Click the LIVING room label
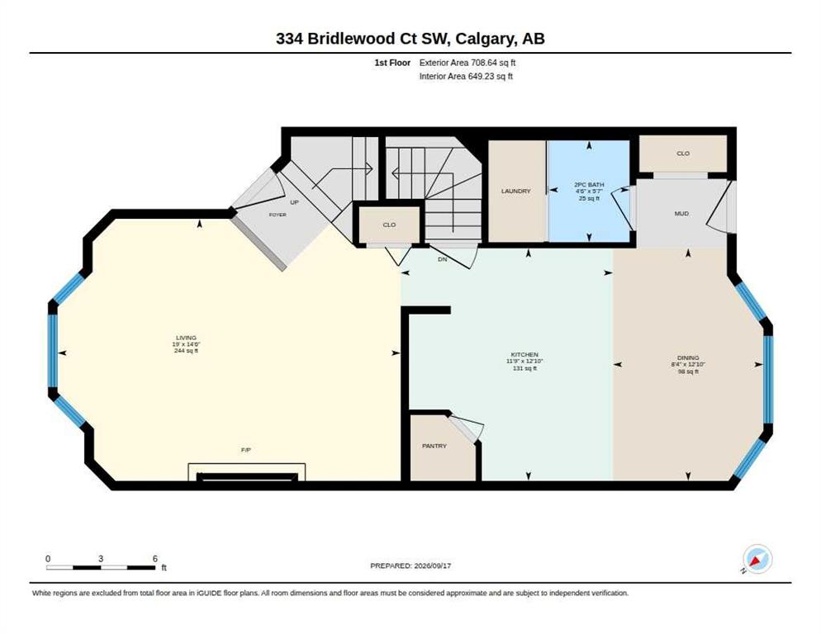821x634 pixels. [x=186, y=338]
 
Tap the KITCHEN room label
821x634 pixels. [x=524, y=354]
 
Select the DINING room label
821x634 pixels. [x=688, y=357]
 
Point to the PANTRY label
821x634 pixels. [x=434, y=446]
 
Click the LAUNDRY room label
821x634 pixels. [x=515, y=191]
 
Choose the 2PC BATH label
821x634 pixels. [x=589, y=185]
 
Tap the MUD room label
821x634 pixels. [x=681, y=214]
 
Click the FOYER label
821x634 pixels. [x=278, y=215]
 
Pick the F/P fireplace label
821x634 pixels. [x=245, y=450]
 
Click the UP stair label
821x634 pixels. [x=294, y=202]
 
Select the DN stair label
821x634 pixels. [x=443, y=259]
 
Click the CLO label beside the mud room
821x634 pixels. [x=683, y=154]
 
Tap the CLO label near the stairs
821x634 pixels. [x=389, y=225]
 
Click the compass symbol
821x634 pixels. [x=757, y=560]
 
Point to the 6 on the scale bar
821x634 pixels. [x=155, y=559]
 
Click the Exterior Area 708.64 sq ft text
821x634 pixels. [x=467, y=63]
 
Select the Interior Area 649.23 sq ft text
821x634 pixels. [x=466, y=77]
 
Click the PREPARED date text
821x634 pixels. [x=410, y=565]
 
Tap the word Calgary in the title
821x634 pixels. [x=484, y=39]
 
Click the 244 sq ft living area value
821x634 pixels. [x=186, y=351]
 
